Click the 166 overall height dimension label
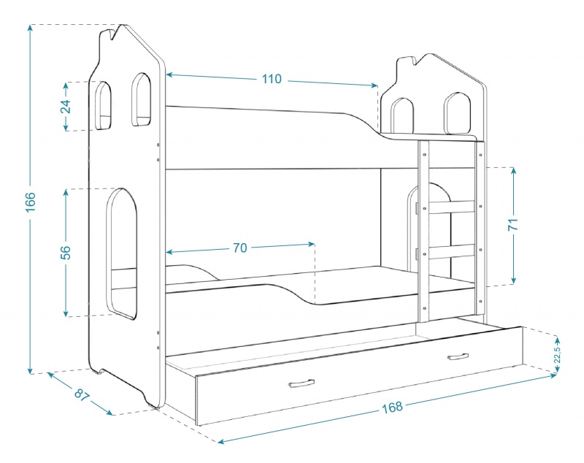point(30,202)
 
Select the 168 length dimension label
point(392,407)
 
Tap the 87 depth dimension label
point(82,395)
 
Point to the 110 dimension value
point(272,79)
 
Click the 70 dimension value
point(240,248)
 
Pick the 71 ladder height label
point(513,225)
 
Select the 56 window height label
point(65,253)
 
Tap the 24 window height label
point(65,107)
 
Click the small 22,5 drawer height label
point(557,354)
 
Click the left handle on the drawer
point(301,383)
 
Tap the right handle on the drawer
point(458,356)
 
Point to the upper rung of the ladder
point(452,207)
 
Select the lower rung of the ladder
point(452,251)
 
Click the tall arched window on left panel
point(108,253)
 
